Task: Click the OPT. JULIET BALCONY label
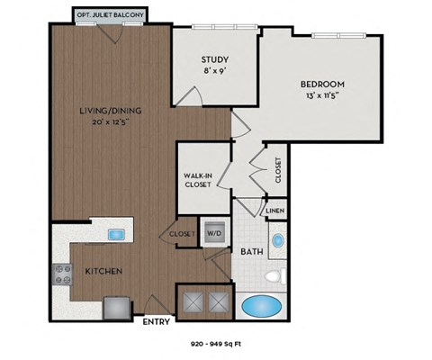(109, 15)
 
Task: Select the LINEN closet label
(274, 211)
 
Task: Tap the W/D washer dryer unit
(215, 231)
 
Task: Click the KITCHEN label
(103, 270)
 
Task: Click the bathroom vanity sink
(278, 241)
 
